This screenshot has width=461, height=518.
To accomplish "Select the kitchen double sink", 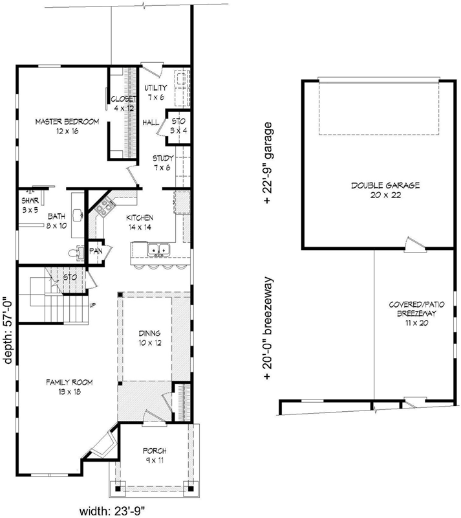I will pyautogui.click(x=158, y=249).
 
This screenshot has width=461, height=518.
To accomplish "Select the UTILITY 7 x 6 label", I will pyautogui.click(x=156, y=92).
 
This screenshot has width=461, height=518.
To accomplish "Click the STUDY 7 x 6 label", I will pyautogui.click(x=162, y=163).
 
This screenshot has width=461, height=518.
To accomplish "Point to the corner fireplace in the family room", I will pyautogui.click(x=104, y=446).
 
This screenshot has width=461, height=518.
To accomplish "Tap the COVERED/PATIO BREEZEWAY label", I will pyautogui.click(x=414, y=313).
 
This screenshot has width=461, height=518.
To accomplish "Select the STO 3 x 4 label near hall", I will pyautogui.click(x=177, y=125).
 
